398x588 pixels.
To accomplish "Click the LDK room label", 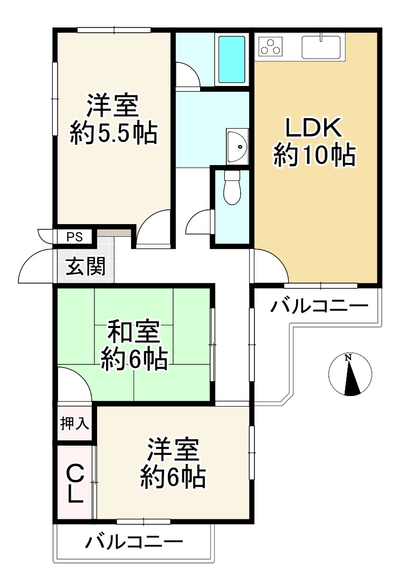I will coord(315,129).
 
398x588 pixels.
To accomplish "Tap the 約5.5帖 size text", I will coord(113,133).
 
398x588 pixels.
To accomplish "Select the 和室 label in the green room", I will coord(134,333).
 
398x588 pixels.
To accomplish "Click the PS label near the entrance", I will coord(74,237).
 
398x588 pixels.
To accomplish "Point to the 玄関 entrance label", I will coord(84,266).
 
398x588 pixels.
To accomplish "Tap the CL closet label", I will coord(75,482).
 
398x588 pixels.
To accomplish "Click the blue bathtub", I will coord(232,59).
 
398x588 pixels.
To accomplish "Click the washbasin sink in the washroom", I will coord(237,145).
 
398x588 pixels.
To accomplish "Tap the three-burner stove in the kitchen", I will coord(271,47).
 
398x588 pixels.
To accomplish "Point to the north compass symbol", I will coord(350,374).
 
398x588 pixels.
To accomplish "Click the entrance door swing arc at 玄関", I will coord(36,266).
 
